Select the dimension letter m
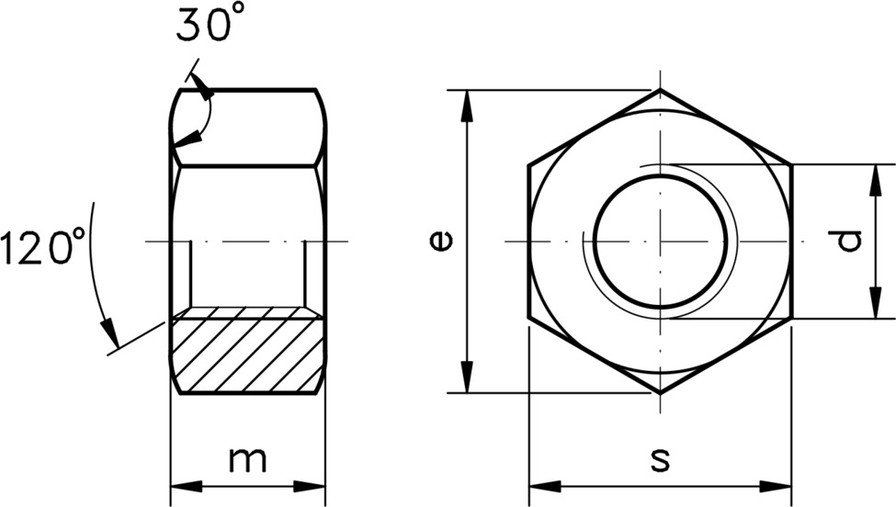tap(247, 460)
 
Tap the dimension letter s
tap(659, 460)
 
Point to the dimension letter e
tap(442, 241)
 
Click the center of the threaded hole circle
tap(659, 242)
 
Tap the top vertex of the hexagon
tap(660, 90)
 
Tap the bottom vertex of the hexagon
tap(660, 393)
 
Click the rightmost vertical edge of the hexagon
tap(790, 242)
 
